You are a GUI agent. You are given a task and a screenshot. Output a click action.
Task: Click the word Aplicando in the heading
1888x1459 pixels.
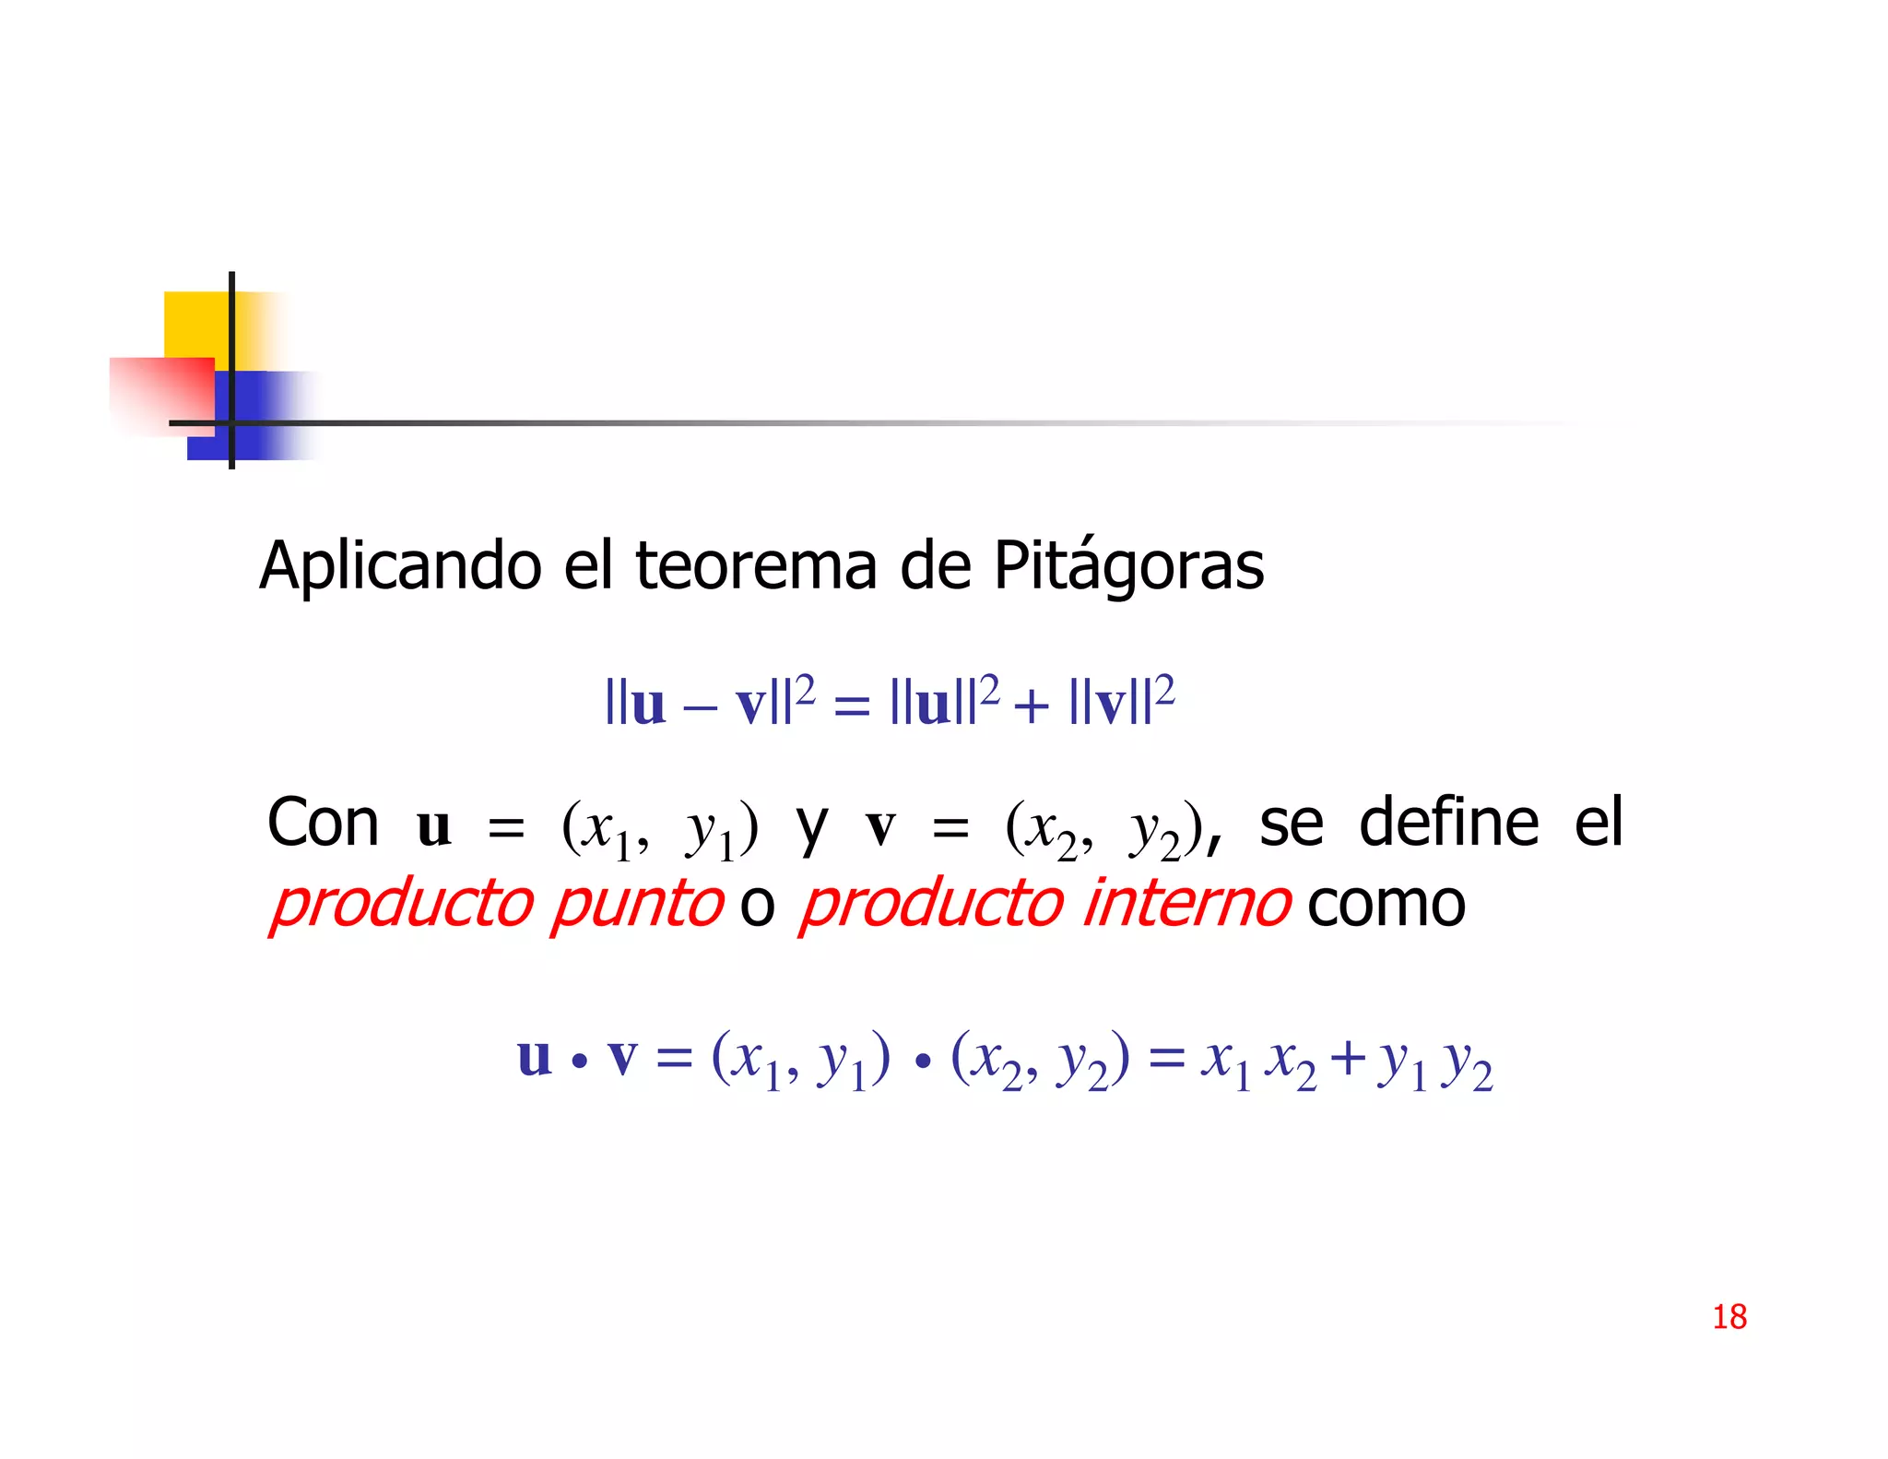[400, 565]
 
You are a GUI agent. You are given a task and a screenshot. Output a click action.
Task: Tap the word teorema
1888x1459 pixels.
[756, 565]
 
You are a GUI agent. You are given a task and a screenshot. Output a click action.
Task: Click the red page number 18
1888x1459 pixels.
[1729, 1316]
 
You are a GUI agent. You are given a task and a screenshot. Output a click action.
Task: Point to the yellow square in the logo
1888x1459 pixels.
[196, 324]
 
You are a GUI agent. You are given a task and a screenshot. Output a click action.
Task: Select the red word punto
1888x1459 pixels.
[637, 904]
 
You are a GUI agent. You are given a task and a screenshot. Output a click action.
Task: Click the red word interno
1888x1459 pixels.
[1186, 904]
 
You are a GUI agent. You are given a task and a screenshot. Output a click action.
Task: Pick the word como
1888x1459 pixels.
[1386, 904]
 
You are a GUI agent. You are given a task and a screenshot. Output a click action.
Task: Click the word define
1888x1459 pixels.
[1448, 823]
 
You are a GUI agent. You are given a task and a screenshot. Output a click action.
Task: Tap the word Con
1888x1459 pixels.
[323, 823]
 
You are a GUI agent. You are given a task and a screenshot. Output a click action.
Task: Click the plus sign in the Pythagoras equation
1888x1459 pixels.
[1031, 706]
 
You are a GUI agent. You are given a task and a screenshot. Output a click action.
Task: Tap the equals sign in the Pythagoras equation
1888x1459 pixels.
[851, 706]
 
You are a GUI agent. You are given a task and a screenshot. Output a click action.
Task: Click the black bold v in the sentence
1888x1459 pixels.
[880, 826]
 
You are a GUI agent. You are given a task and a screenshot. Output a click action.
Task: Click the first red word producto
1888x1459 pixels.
[402, 904]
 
